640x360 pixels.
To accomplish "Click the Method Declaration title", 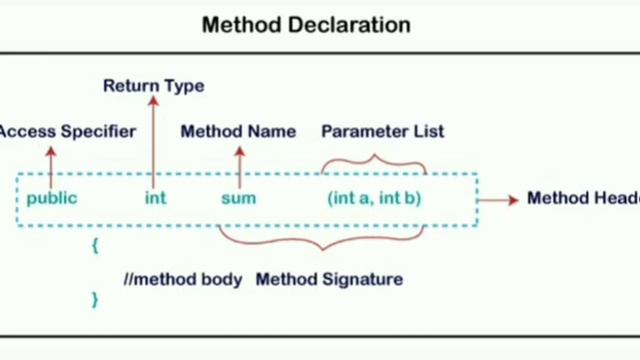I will click(306, 25).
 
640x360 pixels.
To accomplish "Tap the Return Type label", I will click(153, 86).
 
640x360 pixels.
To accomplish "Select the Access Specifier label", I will click(66, 131).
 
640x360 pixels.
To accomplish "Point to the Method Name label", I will click(238, 131).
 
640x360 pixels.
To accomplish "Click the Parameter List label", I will click(382, 131).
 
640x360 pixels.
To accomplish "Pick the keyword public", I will click(52, 198).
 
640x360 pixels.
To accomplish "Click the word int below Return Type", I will click(155, 198).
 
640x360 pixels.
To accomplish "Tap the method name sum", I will click(238, 198).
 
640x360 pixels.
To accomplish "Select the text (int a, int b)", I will click(374, 198).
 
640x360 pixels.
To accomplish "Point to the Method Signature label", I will click(329, 279).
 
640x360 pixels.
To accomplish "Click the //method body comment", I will click(183, 279).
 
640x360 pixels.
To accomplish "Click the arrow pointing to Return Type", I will click(153, 140).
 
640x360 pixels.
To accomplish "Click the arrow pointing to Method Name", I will click(239, 165).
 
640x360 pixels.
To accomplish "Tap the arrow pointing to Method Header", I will click(497, 200).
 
